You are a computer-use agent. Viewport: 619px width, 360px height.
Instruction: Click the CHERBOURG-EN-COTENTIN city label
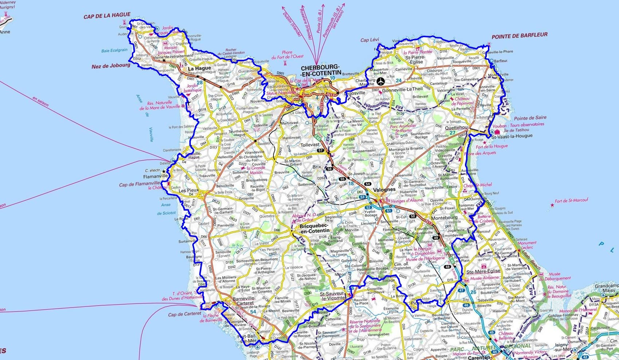[320, 70]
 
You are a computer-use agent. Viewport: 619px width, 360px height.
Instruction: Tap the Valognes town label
[384, 189]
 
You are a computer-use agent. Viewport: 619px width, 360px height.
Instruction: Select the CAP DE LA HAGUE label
[107, 15]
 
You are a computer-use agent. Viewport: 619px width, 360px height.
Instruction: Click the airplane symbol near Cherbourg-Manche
[381, 81]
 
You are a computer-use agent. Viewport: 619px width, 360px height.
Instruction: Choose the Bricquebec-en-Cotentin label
[314, 228]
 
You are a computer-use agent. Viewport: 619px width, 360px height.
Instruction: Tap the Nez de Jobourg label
[111, 66]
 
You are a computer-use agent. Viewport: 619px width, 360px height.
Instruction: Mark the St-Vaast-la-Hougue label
[512, 136]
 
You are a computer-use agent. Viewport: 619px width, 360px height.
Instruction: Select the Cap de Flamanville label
[139, 184]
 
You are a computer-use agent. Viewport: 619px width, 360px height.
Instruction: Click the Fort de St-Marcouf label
[571, 200]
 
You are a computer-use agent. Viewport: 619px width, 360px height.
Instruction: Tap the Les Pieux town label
[189, 190]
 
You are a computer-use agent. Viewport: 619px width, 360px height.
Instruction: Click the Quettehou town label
[456, 128]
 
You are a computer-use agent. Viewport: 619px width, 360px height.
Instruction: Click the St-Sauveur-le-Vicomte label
[332, 296]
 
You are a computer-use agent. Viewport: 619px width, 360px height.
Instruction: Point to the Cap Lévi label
[370, 40]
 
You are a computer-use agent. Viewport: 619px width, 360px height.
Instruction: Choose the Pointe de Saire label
[530, 118]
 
